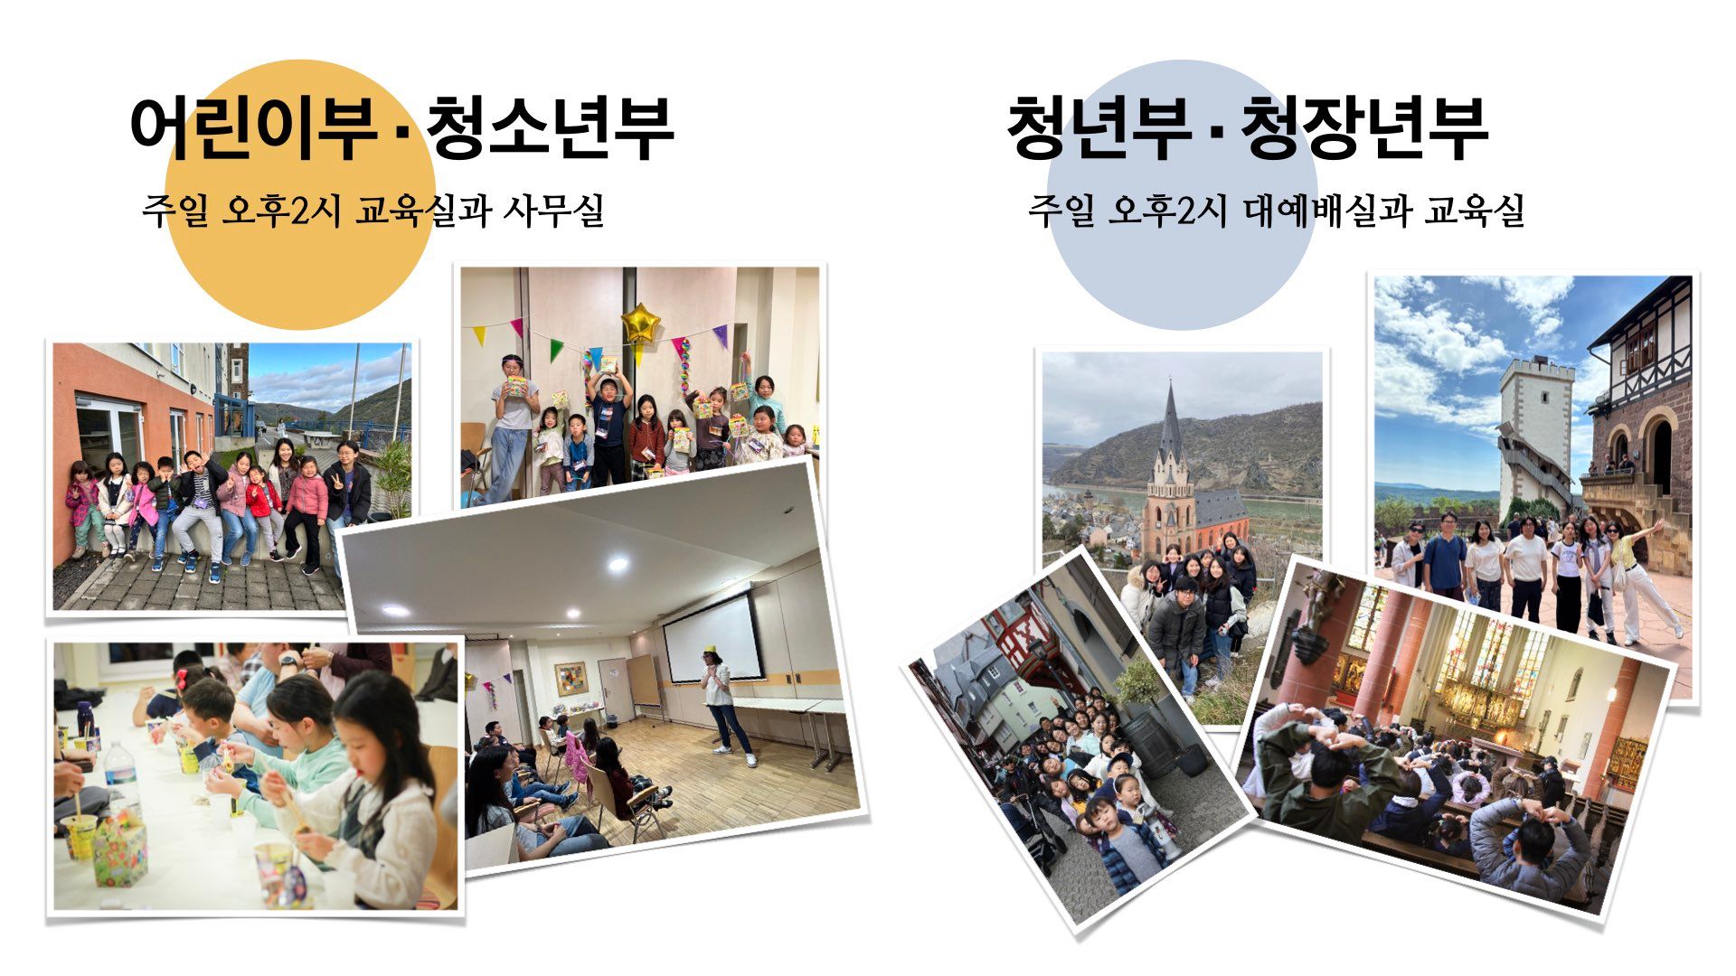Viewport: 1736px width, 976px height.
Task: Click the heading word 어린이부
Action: [x=253, y=127]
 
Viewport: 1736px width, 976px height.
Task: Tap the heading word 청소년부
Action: [x=550, y=127]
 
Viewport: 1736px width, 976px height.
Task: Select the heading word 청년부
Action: [x=1099, y=127]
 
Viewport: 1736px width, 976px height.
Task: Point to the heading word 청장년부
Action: [x=1363, y=127]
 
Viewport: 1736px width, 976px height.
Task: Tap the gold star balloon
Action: [x=639, y=322]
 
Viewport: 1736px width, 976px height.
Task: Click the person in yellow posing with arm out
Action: [x=1646, y=578]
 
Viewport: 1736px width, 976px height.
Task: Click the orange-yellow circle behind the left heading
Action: [x=300, y=194]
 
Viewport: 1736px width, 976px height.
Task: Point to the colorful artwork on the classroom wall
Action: [x=570, y=679]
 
